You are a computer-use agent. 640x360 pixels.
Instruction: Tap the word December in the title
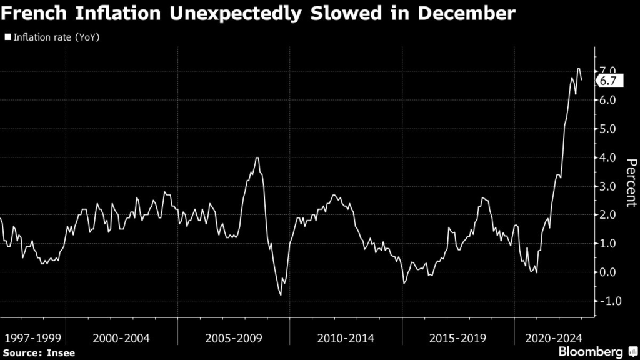pos(462,14)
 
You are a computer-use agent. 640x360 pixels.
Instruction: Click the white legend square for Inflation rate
pos(7,37)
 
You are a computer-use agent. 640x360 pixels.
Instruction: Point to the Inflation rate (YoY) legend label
pos(56,37)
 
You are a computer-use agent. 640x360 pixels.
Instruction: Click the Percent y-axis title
pos(631,182)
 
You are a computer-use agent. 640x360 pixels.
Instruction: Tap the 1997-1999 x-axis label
pos(32,338)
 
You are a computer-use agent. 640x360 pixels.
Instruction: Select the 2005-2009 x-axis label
pos(234,338)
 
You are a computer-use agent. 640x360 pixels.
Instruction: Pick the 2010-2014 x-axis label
pos(346,338)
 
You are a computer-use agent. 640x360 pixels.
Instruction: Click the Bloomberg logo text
pos(591,351)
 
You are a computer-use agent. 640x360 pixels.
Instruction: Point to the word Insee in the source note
pos(61,353)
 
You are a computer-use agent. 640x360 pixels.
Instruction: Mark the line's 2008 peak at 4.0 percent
pos(257,157)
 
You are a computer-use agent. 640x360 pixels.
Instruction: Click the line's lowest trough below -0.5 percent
pos(281,295)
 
